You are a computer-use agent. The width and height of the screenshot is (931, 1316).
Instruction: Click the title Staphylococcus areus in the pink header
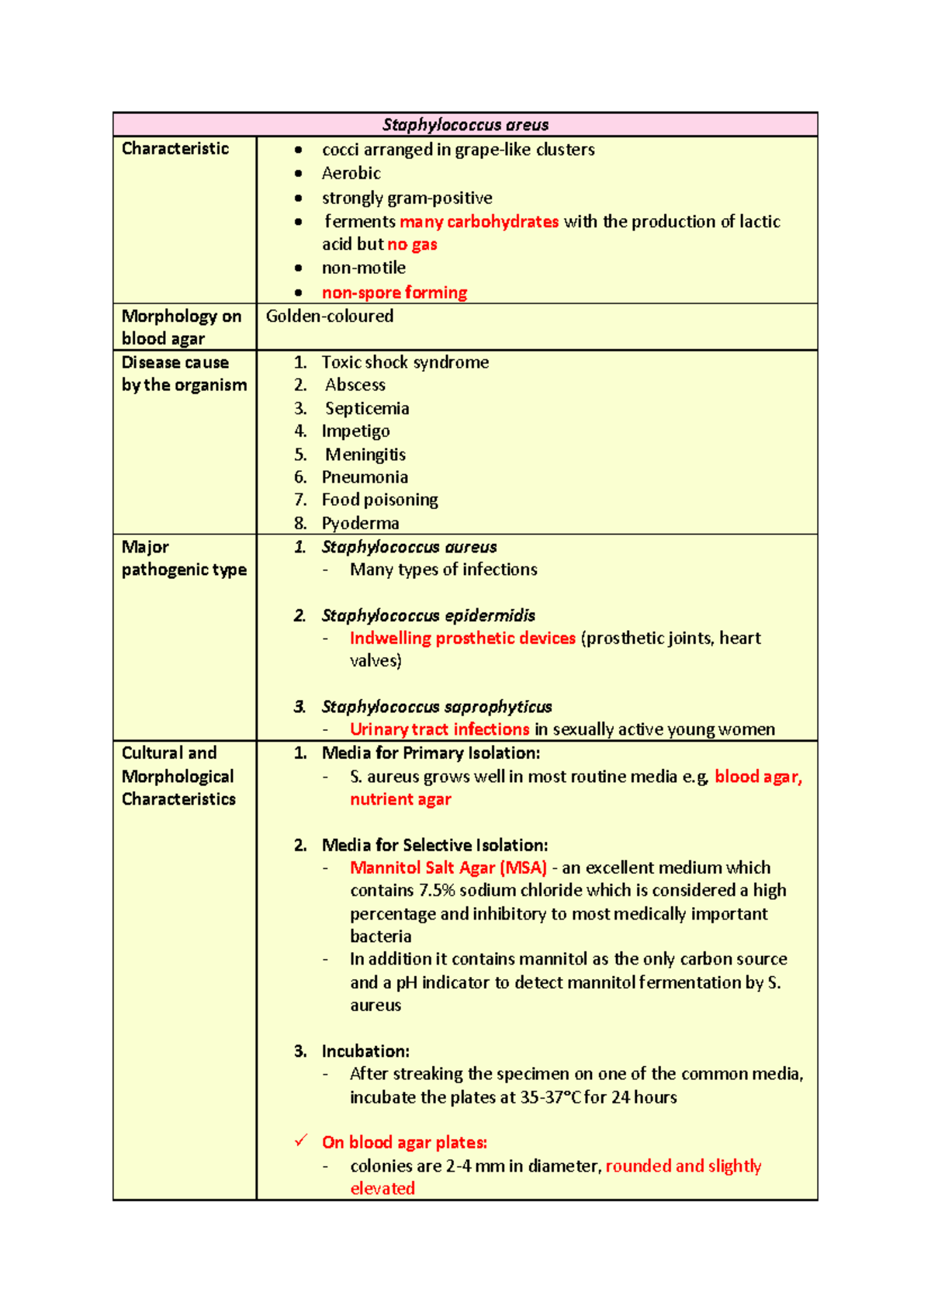pyautogui.click(x=465, y=125)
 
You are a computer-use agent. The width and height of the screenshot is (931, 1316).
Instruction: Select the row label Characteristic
pyautogui.click(x=175, y=149)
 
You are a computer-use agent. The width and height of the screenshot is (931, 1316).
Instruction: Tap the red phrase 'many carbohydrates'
pyautogui.click(x=479, y=222)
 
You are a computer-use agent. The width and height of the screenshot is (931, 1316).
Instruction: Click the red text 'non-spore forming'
pyautogui.click(x=394, y=293)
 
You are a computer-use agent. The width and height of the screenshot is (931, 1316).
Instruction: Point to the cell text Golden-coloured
pyautogui.click(x=330, y=317)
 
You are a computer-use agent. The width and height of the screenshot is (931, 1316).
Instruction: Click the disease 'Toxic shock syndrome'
pyautogui.click(x=405, y=362)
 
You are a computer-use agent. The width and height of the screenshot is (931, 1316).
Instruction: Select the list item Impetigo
pyautogui.click(x=355, y=431)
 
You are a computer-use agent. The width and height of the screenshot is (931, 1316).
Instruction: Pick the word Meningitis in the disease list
pyautogui.click(x=365, y=455)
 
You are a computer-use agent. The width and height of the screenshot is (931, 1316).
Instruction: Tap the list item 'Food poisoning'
pyautogui.click(x=379, y=500)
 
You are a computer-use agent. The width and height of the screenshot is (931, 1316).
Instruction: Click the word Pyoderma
pyautogui.click(x=360, y=523)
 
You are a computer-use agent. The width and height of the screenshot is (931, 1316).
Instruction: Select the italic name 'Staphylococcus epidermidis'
pyautogui.click(x=428, y=615)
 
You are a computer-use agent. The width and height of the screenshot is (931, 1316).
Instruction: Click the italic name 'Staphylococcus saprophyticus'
pyautogui.click(x=436, y=707)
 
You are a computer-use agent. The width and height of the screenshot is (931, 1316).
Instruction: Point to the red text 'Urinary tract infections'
pyautogui.click(x=439, y=729)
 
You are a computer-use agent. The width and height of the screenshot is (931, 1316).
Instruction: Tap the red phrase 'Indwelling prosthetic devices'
pyautogui.click(x=462, y=638)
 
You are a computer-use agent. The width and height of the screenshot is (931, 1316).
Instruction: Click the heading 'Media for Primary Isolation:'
pyautogui.click(x=431, y=753)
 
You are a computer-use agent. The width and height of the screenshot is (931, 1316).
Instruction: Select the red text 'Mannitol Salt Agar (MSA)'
pyautogui.click(x=448, y=868)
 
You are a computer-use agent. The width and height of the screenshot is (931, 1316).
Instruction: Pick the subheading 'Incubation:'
pyautogui.click(x=365, y=1051)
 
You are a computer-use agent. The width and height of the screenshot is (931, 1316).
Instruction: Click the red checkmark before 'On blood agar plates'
pyautogui.click(x=301, y=1141)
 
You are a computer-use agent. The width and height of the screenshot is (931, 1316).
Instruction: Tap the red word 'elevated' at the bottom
pyautogui.click(x=382, y=1189)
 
